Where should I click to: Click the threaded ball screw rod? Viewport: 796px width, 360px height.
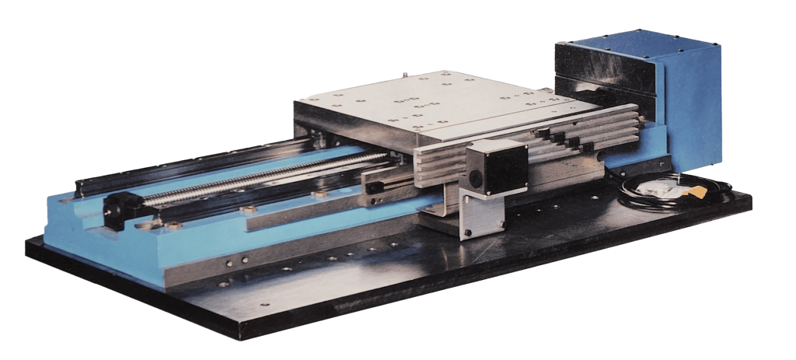coord(257,176)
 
